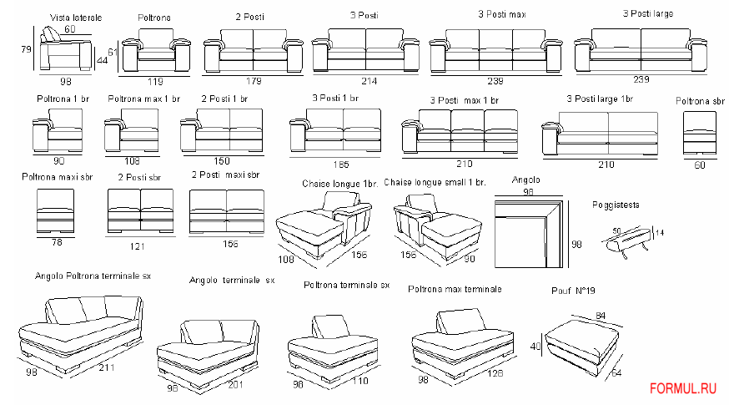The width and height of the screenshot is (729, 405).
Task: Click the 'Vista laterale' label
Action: coord(76,17)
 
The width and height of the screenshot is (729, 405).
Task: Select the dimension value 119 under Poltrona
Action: coord(155,82)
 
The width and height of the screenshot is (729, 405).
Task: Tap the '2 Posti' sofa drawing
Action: coord(253,51)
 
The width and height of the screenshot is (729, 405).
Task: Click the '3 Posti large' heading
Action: coord(648,13)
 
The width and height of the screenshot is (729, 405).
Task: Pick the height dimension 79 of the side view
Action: coord(26,49)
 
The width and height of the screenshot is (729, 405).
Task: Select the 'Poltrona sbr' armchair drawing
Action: coord(700,132)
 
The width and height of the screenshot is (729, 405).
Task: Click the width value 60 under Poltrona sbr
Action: coord(699,165)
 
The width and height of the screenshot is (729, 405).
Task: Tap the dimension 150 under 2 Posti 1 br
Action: coord(222,160)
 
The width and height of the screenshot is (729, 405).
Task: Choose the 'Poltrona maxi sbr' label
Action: coord(58,176)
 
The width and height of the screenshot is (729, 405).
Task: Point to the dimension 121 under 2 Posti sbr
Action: coord(139,248)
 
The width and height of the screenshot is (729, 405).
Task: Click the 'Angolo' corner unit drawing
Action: coord(529,234)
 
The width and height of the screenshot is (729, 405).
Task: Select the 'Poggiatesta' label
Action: coord(616,204)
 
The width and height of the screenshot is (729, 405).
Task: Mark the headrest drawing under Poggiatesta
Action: coord(623,243)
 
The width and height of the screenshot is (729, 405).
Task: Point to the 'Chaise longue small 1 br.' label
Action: coord(435,182)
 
